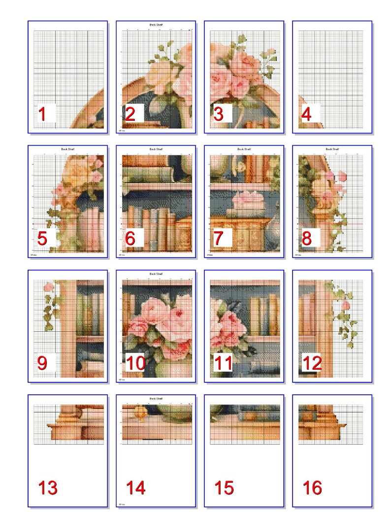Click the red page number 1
coord(42,114)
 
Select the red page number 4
coord(306,114)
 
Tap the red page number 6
coord(130,239)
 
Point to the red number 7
coord(218,239)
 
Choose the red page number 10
coord(135,363)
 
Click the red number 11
coord(223,363)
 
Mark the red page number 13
coord(48,488)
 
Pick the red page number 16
coord(312,488)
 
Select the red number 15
coord(224,488)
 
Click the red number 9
coord(42,363)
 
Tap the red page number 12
coord(311,363)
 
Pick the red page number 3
coord(218,114)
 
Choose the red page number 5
coord(42,239)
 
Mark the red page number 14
coord(135,488)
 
